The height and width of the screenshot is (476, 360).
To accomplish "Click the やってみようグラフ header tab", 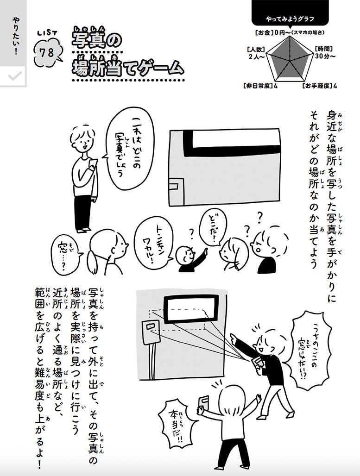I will (290, 19).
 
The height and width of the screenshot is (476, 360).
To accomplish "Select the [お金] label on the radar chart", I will (263, 32).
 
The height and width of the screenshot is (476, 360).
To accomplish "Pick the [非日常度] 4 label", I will (260, 86).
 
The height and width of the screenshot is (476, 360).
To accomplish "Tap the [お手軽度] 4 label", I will (320, 86).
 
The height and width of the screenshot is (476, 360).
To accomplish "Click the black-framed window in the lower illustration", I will (190, 312).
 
